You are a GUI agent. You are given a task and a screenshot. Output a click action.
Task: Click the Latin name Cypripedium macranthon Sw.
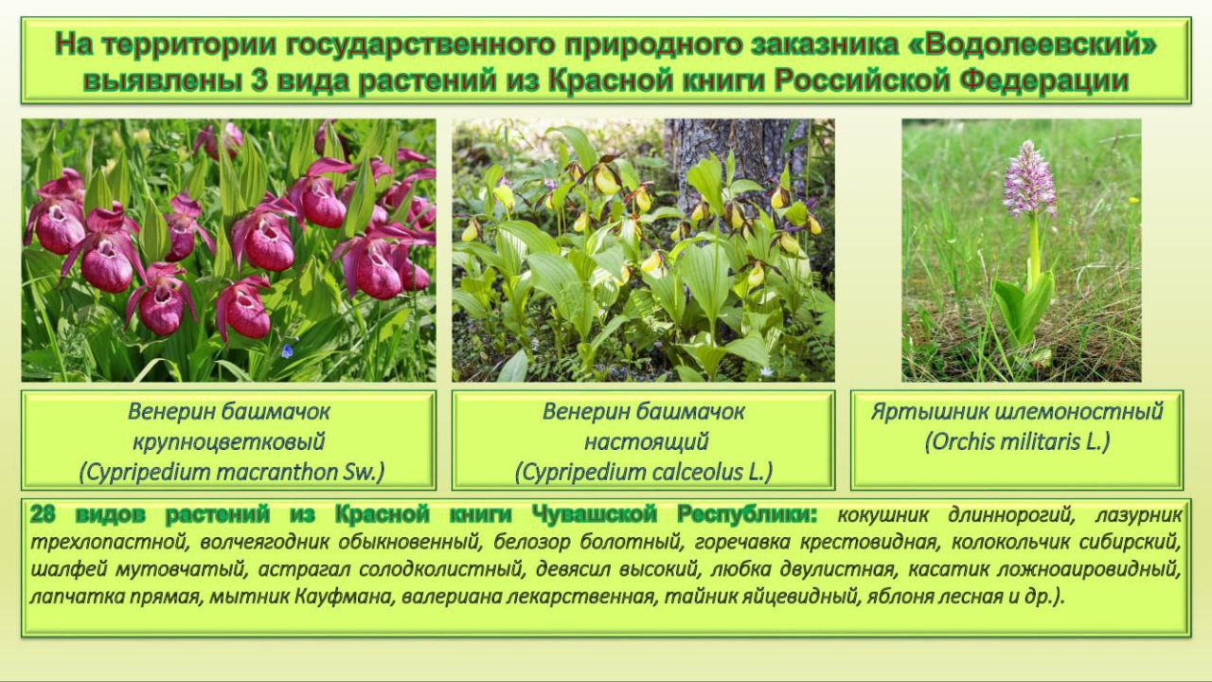tap(232, 472)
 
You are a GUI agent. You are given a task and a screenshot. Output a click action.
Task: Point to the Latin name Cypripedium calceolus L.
tap(643, 472)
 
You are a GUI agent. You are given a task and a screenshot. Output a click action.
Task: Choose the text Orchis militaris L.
tap(1017, 441)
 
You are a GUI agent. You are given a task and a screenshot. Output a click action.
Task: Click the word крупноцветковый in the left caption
tap(229, 442)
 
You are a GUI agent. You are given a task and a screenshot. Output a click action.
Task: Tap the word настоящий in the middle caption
tap(646, 442)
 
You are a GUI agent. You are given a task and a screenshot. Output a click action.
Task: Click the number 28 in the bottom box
tap(44, 514)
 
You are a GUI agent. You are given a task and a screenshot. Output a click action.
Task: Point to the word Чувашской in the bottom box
tap(594, 514)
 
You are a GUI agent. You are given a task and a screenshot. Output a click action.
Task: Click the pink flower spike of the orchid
tap(1028, 179)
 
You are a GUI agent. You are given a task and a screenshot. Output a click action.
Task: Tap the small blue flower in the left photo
tap(287, 350)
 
